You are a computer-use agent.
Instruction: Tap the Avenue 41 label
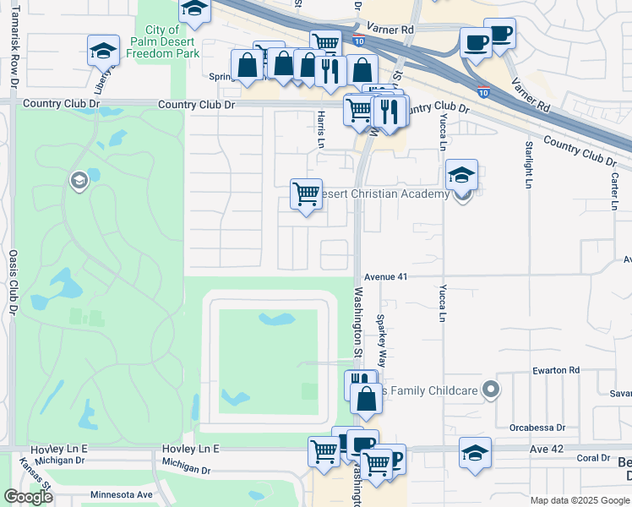click(x=386, y=276)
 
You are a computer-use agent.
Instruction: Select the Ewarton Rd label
click(x=557, y=370)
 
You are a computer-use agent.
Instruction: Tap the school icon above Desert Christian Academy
click(x=462, y=176)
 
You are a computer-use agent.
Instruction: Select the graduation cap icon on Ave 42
click(x=475, y=453)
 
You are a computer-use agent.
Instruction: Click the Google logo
click(x=28, y=497)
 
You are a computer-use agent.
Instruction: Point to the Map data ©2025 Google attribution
click(x=580, y=500)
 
